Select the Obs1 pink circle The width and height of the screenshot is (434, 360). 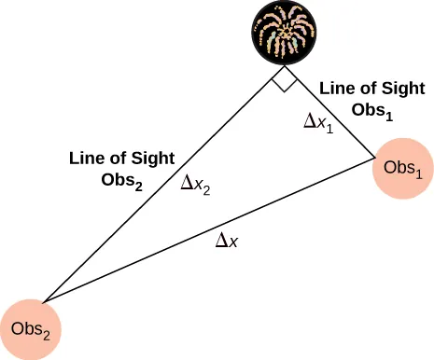402,168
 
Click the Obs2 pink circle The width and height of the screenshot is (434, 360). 31,328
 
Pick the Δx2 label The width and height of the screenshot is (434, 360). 195,187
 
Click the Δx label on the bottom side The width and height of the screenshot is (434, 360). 228,241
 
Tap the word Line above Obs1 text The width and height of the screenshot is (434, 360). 336,89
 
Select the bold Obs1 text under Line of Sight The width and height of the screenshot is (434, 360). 371,110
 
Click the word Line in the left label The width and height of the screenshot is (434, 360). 86,159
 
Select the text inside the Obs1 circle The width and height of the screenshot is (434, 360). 402,168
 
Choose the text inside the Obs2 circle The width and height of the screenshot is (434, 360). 31,328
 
